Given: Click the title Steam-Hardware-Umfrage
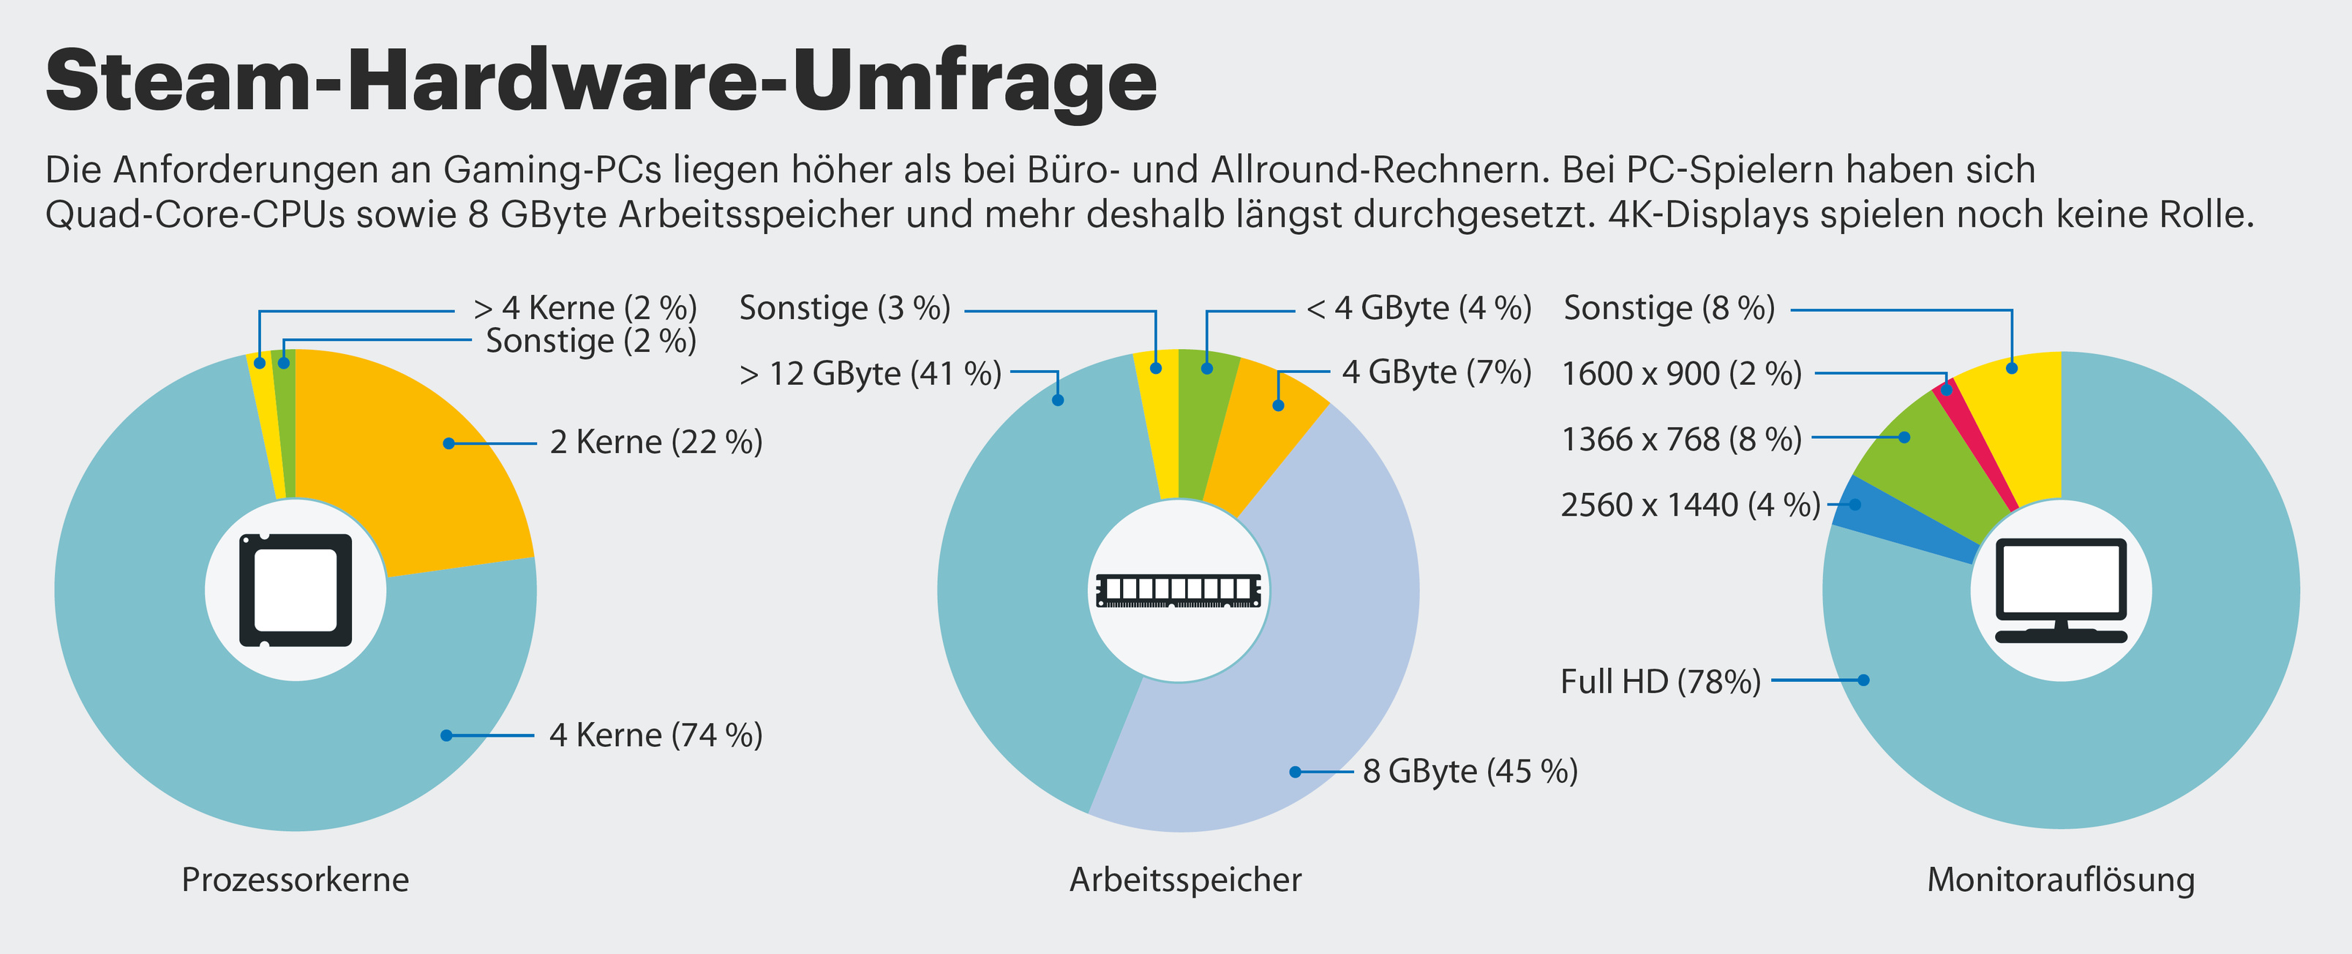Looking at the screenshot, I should point(601,82).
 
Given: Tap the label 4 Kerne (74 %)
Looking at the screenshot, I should point(655,735).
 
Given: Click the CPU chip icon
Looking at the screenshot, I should point(295,590).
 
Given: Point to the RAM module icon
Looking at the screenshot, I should point(1178,590).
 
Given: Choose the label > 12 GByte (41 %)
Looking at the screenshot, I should point(870,373).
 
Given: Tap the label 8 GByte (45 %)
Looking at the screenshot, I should point(1470,771).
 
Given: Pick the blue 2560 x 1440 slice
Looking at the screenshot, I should point(1899,520).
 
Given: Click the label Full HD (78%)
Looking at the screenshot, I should point(1660,681).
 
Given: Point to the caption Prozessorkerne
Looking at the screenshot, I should point(295,879).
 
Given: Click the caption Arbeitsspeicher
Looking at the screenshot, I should point(1185,879).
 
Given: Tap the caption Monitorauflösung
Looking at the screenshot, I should point(2061,879).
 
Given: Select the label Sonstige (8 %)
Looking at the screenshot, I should point(1669,309).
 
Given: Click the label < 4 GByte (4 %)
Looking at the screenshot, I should point(1419,309).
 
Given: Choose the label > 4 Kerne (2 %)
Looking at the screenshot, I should point(585,309).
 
